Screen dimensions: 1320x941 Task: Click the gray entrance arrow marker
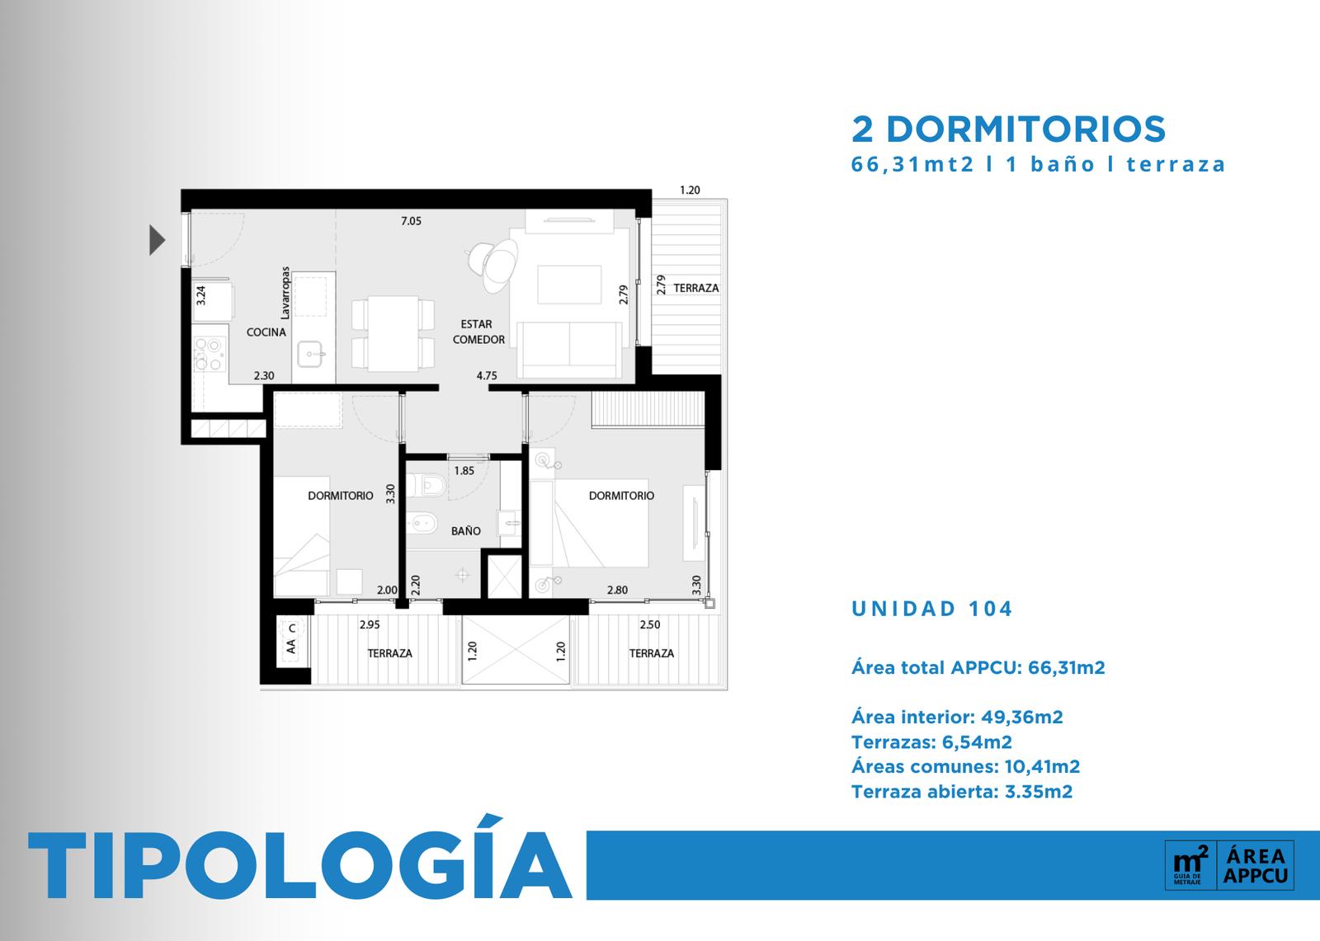pyautogui.click(x=156, y=240)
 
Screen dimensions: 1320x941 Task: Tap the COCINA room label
pyautogui.click(x=266, y=332)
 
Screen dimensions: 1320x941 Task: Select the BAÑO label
pyautogui.click(x=465, y=531)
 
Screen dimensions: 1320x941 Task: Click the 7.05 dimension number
pyautogui.click(x=412, y=221)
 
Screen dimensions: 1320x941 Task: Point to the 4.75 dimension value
pyautogui.click(x=487, y=375)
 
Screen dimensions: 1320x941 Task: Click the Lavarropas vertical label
pyautogui.click(x=285, y=293)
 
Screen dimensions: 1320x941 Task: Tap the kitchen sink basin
pyautogui.click(x=309, y=354)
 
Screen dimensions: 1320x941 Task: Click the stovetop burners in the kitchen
pyautogui.click(x=210, y=354)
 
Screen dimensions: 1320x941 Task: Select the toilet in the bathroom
pyautogui.click(x=427, y=486)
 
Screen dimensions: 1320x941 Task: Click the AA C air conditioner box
pyautogui.click(x=292, y=642)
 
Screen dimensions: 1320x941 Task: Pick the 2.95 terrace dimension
pyautogui.click(x=370, y=624)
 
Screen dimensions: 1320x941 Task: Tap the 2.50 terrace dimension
pyautogui.click(x=650, y=624)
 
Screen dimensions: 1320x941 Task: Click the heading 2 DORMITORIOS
pyautogui.click(x=1008, y=129)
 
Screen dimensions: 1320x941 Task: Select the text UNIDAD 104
pyautogui.click(x=931, y=609)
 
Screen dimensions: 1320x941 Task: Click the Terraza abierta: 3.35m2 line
pyautogui.click(x=962, y=792)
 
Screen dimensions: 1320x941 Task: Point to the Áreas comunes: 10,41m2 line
pyautogui.click(x=965, y=767)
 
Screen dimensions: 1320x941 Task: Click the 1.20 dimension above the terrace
pyautogui.click(x=690, y=191)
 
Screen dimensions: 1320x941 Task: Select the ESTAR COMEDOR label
pyautogui.click(x=478, y=332)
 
